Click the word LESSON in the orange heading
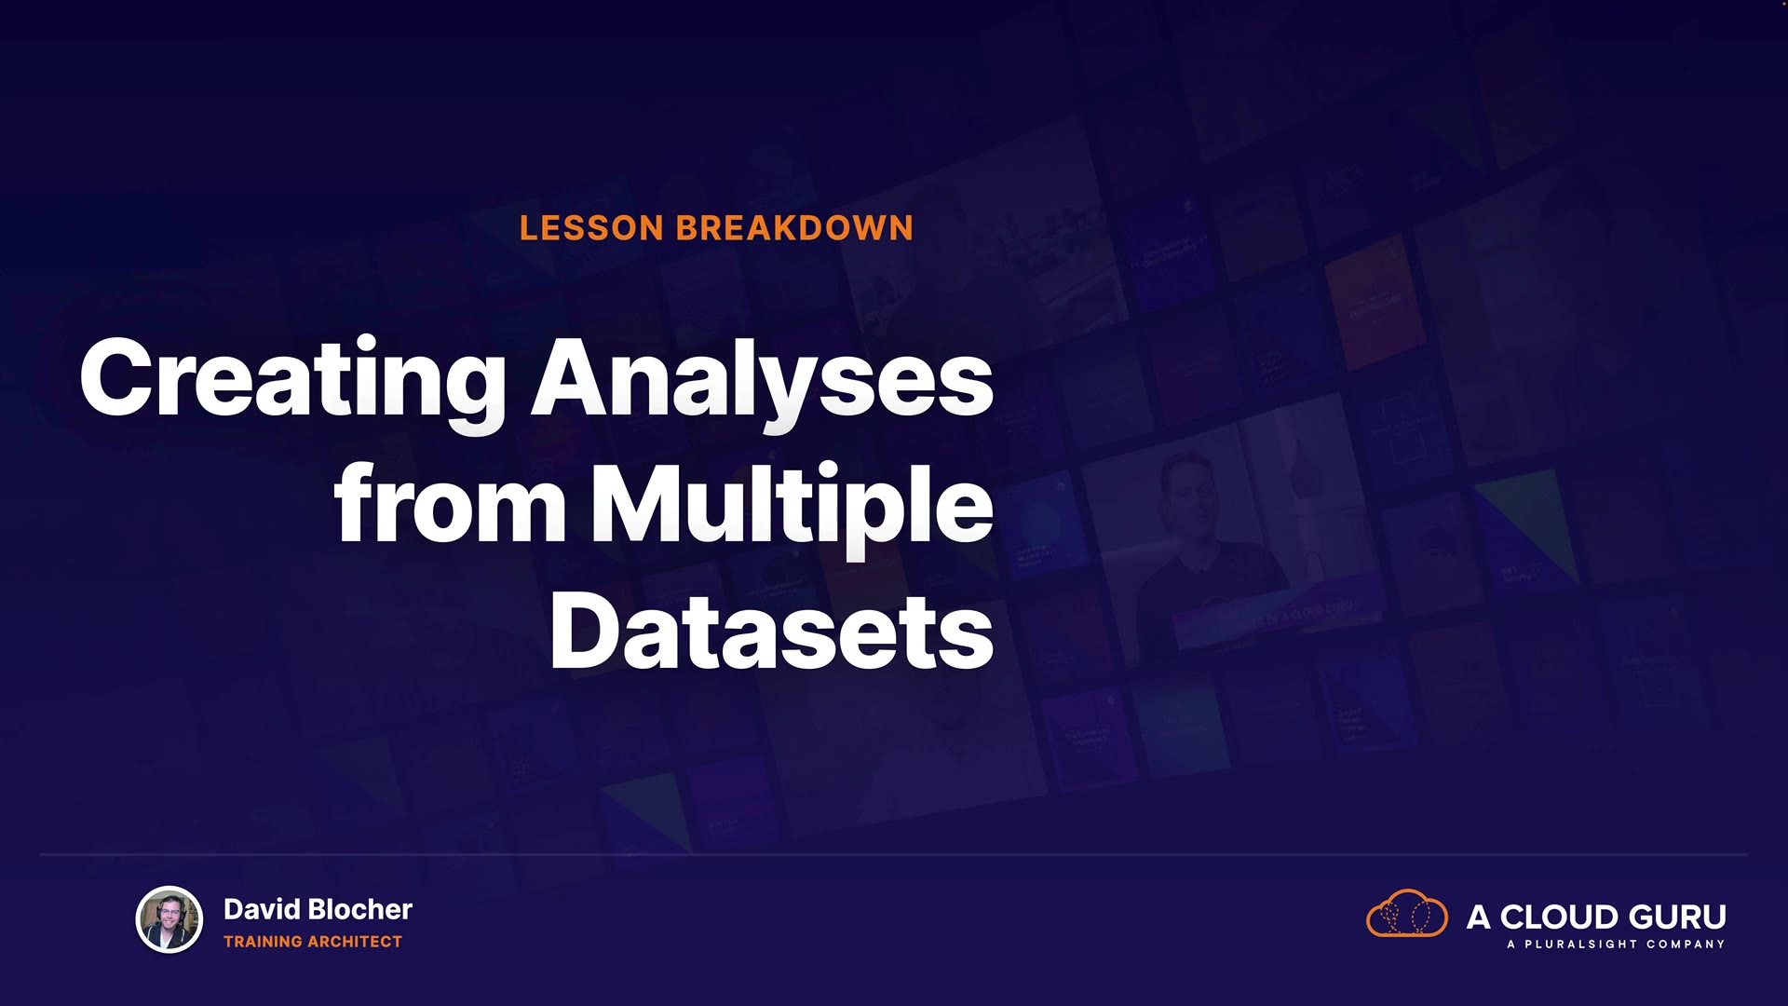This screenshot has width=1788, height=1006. [x=591, y=228]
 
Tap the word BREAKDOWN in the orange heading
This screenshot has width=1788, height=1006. [x=794, y=228]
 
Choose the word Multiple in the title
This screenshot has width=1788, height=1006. [x=792, y=508]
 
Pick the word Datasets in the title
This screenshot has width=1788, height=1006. [x=772, y=631]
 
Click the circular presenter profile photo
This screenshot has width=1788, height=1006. [x=169, y=919]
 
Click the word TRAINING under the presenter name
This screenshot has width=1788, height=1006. [x=263, y=942]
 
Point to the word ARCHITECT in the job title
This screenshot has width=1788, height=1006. [x=355, y=942]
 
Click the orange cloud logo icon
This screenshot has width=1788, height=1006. [x=1407, y=913]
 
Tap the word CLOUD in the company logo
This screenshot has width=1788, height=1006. [x=1563, y=918]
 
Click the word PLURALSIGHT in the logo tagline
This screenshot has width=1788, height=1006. [x=1580, y=945]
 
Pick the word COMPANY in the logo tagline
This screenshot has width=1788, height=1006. [x=1686, y=945]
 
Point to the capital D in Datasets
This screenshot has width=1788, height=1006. [x=585, y=630]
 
